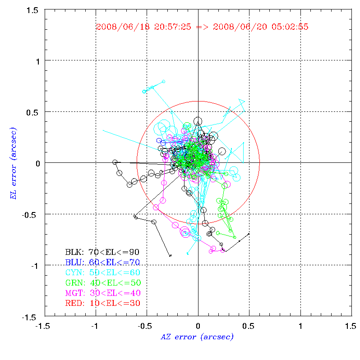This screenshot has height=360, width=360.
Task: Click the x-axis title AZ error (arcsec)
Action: [197, 337]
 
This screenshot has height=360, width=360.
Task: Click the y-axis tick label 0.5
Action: [33, 112]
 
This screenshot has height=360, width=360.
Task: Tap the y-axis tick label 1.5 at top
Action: [33, 9]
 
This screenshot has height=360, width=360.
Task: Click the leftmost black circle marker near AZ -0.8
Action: [115, 162]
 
